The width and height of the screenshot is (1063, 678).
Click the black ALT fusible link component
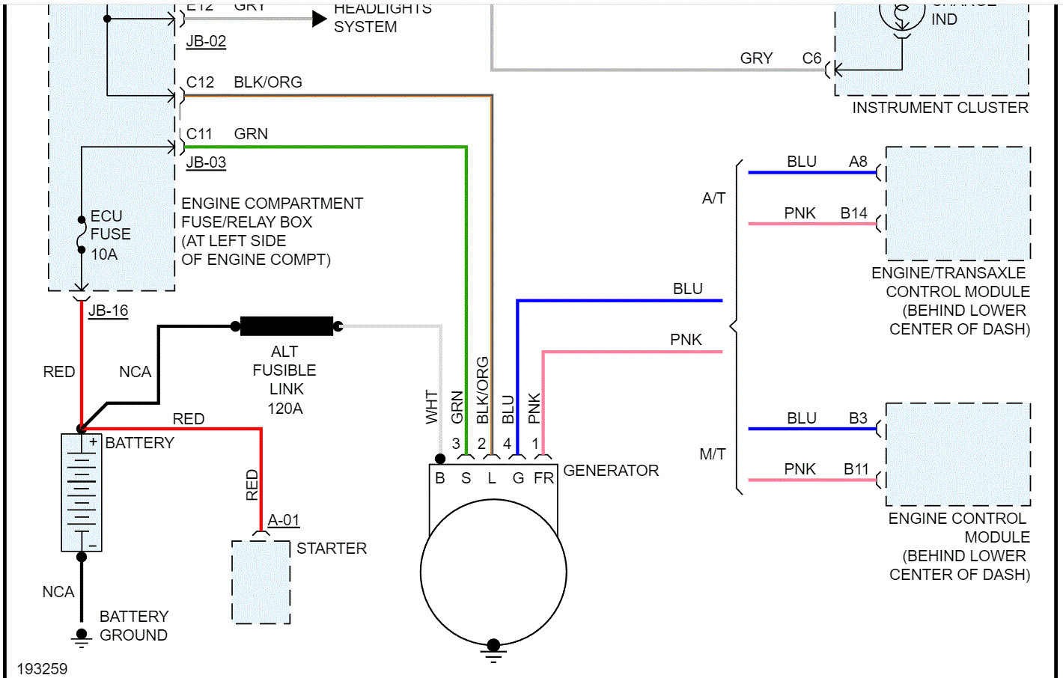coord(287,326)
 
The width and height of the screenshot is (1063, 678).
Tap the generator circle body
coord(493,572)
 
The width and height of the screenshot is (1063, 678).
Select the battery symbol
coord(82,492)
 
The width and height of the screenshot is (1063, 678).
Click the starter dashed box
coord(261,581)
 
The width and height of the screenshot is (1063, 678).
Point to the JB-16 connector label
coord(109,311)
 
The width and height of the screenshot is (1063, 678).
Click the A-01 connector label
coord(284,520)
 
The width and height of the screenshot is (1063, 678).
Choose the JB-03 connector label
coord(206,162)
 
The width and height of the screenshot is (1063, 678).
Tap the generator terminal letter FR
coord(543,478)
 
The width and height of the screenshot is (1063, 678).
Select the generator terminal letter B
coord(440,478)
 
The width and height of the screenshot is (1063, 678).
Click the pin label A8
coord(858,162)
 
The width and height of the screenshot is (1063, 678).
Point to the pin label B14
coord(853,213)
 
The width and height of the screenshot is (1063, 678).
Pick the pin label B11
coord(856,469)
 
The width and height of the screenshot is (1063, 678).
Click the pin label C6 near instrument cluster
coord(811,58)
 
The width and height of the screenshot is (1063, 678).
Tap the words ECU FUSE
coord(110,225)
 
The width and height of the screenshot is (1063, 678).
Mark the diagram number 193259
coord(42,668)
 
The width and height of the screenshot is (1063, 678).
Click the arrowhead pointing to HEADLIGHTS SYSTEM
coord(320,19)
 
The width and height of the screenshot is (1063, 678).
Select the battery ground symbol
coord(82,637)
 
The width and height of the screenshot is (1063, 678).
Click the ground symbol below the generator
coord(493,651)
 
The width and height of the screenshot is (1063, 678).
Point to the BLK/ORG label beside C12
coord(268,82)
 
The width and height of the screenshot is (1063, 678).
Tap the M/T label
coord(712,454)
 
